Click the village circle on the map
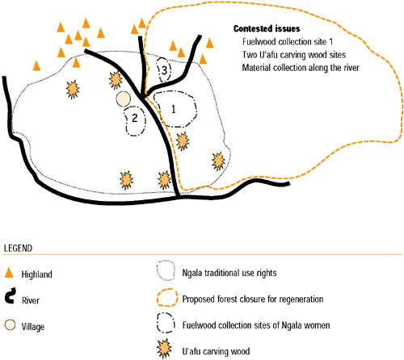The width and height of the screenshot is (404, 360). point(124,99)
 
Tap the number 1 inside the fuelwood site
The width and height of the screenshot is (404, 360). point(174,109)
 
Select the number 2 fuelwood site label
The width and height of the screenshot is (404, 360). point(135,118)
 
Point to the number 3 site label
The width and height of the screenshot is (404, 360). point(164,70)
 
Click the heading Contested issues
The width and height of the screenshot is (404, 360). point(267,28)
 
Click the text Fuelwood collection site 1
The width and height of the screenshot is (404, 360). point(288,42)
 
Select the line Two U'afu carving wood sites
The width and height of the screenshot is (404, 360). point(294,55)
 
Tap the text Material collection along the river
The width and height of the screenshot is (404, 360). point(301,68)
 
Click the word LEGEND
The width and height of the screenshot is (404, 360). point(18,248)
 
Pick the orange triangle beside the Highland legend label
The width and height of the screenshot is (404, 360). point(9,273)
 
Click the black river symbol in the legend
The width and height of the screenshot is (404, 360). point(11,295)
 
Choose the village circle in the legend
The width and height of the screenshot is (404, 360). point(10,324)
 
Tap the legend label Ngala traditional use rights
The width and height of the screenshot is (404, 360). point(229,273)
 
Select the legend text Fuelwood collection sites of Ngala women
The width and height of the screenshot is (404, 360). point(256,325)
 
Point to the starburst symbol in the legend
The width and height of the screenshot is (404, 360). point(164,349)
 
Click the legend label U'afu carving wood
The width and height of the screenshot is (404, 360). point(216,351)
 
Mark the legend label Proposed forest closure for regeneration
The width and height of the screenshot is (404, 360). point(253,299)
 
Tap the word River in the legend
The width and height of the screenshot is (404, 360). point(31,300)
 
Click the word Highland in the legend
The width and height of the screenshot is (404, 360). point(36,274)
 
